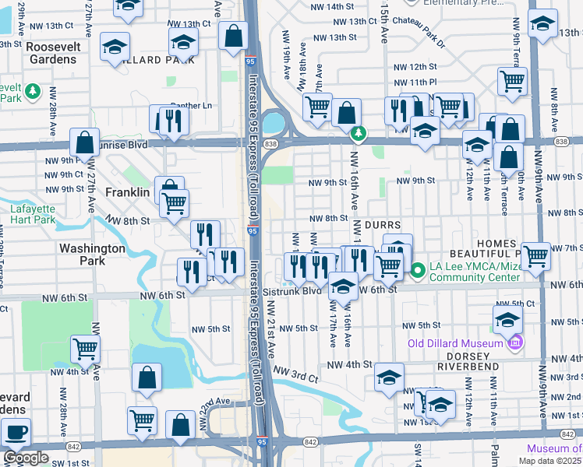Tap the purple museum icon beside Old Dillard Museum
pos(514,342)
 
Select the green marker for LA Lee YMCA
pos(417,271)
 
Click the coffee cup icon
pos(16,431)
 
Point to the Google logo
pos(26,458)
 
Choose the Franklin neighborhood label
pos(127,192)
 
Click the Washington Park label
pos(92,255)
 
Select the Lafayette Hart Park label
pos(33,214)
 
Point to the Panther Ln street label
pos(191,105)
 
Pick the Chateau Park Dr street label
pos(421,21)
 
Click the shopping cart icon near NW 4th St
pos(85,349)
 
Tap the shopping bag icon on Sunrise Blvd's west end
pos(85,142)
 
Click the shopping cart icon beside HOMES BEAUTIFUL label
pos(535,255)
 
